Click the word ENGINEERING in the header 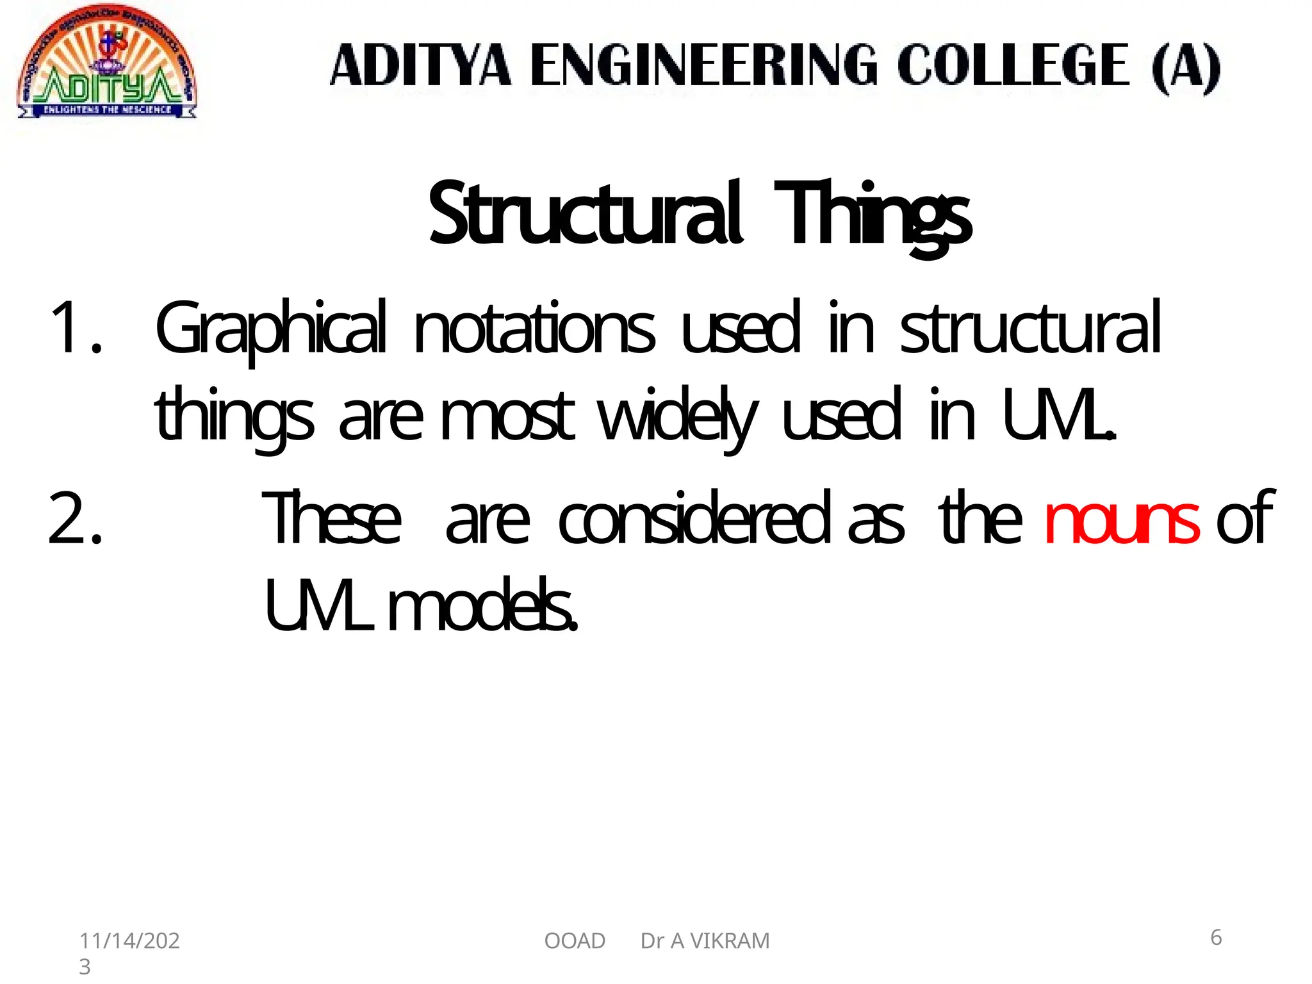pos(704,65)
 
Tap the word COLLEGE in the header pos(1013,65)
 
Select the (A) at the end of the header pos(1185,67)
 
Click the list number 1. pos(75,328)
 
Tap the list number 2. pos(75,518)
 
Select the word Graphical pos(270,329)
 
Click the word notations pos(534,329)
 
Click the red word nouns pos(1121,518)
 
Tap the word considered pos(694,518)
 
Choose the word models pos(482,605)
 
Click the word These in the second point pos(332,518)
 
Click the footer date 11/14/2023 pos(129,951)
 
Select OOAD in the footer pos(575,940)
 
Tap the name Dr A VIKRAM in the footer pos(705,940)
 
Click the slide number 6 pos(1216,937)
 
